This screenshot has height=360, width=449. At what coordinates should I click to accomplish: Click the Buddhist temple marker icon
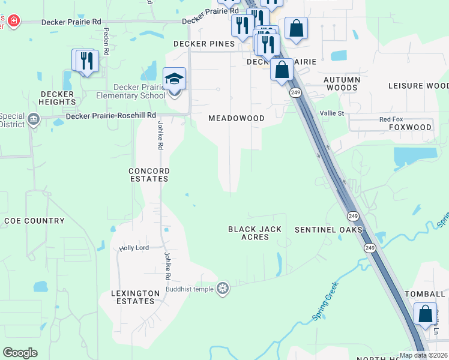click(223, 289)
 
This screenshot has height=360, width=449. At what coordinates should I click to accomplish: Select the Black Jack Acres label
click(255, 233)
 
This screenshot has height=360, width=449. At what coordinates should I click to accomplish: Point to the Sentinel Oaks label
click(329, 230)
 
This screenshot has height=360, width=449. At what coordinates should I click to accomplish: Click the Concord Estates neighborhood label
click(149, 175)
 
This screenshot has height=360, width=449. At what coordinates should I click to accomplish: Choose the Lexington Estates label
click(133, 297)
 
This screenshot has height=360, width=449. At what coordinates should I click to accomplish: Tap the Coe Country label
click(34, 221)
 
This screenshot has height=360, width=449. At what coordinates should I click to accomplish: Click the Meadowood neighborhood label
click(237, 118)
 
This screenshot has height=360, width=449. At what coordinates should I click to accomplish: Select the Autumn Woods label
click(342, 83)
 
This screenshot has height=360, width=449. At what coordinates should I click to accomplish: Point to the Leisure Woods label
click(418, 86)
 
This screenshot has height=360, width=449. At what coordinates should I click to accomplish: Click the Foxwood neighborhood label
click(411, 127)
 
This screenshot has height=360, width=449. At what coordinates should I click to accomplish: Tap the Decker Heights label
click(58, 98)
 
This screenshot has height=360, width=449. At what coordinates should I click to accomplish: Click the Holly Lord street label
click(134, 248)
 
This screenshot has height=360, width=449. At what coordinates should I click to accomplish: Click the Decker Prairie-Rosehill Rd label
click(111, 115)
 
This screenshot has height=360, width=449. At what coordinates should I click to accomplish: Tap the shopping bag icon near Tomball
click(426, 314)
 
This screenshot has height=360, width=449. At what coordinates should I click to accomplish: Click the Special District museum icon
click(32, 120)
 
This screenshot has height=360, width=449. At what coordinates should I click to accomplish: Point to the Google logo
click(20, 353)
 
